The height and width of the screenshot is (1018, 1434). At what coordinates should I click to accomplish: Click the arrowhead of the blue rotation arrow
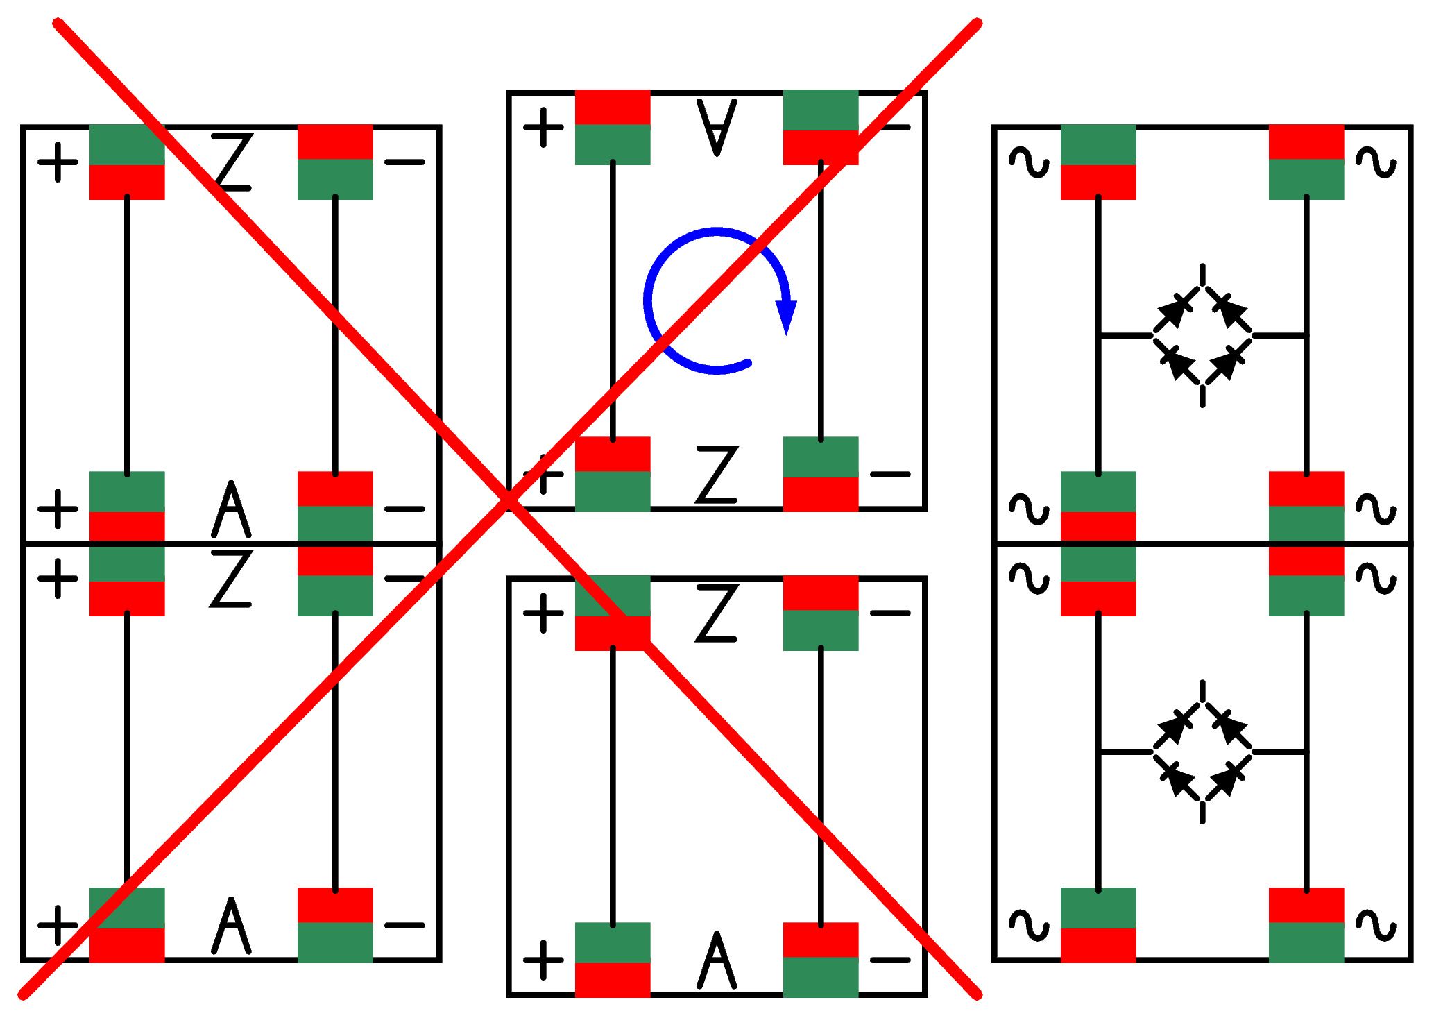(x=786, y=318)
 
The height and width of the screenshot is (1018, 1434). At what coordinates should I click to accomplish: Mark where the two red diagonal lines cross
(x=509, y=500)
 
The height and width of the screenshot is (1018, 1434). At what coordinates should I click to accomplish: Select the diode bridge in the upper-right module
(x=1202, y=335)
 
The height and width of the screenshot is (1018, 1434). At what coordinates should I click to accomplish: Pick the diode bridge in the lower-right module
(x=1202, y=752)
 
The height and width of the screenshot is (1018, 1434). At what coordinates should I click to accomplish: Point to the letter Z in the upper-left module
(x=231, y=162)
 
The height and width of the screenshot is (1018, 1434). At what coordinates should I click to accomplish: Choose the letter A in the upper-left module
(x=231, y=509)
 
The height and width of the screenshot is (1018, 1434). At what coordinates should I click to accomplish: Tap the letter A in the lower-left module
(x=231, y=926)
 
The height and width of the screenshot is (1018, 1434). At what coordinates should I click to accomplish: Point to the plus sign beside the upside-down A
(x=543, y=127)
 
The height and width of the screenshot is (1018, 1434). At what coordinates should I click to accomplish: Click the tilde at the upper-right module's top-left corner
(x=1029, y=162)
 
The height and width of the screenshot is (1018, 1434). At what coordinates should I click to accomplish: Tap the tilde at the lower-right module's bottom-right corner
(x=1376, y=925)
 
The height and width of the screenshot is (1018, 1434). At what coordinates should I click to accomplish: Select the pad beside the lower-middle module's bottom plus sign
(x=613, y=960)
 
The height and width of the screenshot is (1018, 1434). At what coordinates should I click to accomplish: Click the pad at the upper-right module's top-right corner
(x=1306, y=162)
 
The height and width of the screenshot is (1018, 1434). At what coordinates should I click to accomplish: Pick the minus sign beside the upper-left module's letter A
(x=404, y=509)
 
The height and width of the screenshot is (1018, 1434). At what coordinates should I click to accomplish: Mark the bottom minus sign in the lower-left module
(x=404, y=925)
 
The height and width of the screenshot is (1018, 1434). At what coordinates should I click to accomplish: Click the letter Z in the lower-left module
(x=231, y=578)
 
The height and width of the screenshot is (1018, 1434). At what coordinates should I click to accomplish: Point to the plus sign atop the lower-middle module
(x=543, y=613)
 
